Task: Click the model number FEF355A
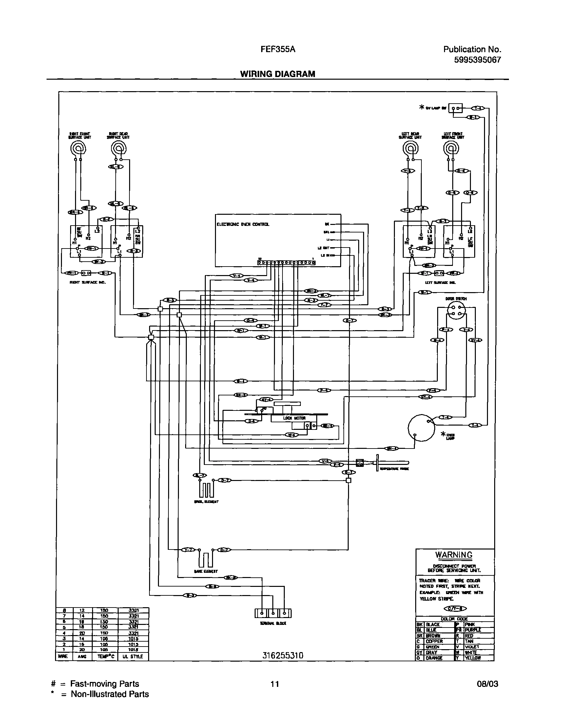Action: pyautogui.click(x=278, y=50)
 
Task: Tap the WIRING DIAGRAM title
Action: pyautogui.click(x=278, y=74)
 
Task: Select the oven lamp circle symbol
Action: pyautogui.click(x=421, y=428)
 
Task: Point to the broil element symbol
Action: pyautogui.click(x=206, y=490)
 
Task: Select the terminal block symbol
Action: pyautogui.click(x=273, y=613)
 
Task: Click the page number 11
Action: pyautogui.click(x=275, y=684)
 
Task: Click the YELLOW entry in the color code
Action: pyautogui.click(x=473, y=658)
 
